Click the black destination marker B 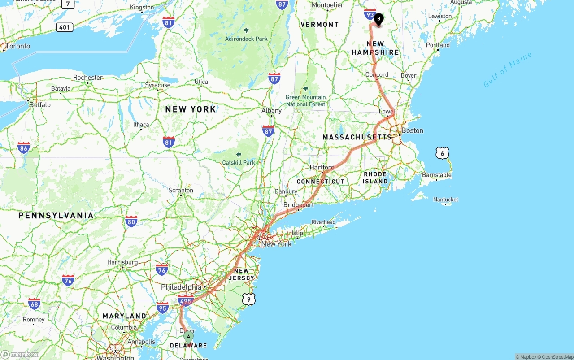379,19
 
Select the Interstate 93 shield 370,14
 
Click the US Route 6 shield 442,153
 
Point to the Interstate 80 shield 131,221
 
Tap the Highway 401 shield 65,27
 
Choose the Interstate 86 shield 24,148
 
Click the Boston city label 412,130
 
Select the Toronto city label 18,46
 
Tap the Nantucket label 446,200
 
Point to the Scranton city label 181,190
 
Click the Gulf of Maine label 508,70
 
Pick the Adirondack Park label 246,39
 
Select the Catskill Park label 239,162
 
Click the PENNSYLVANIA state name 56,216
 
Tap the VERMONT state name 320,24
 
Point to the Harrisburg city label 122,262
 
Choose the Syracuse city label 157,85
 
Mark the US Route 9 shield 249,299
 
